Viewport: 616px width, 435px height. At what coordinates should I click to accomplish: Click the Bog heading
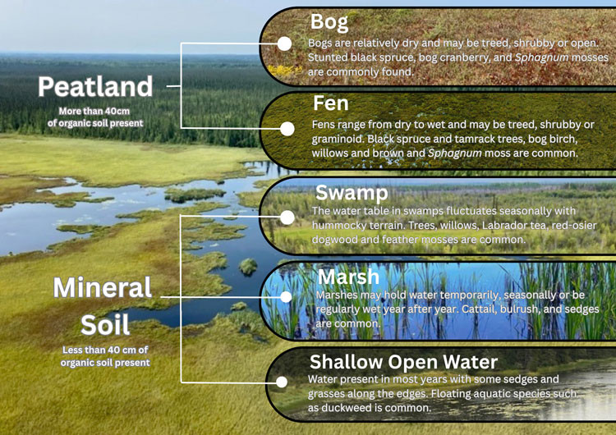tap(329, 21)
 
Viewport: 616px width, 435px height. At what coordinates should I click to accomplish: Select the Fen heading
tap(331, 103)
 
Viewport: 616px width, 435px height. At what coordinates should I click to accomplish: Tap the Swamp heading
tap(352, 194)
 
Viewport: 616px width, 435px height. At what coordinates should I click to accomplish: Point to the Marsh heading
tap(348, 277)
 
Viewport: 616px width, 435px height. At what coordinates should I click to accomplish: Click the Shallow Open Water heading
tap(403, 362)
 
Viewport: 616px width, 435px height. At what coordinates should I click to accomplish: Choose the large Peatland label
tap(95, 86)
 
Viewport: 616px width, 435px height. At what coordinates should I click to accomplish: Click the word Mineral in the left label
tap(103, 288)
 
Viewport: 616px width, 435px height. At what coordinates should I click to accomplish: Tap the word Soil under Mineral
tap(104, 324)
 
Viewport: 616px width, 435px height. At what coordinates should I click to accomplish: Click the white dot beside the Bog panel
tap(284, 43)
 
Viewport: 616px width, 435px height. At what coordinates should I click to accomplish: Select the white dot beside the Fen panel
tap(287, 129)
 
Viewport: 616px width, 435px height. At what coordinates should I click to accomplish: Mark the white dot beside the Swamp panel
tap(287, 217)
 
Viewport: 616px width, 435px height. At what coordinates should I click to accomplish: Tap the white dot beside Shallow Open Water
tap(283, 382)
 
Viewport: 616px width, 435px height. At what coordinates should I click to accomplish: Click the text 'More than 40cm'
tap(95, 111)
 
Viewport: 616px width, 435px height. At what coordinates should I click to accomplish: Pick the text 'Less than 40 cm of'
tap(105, 350)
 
